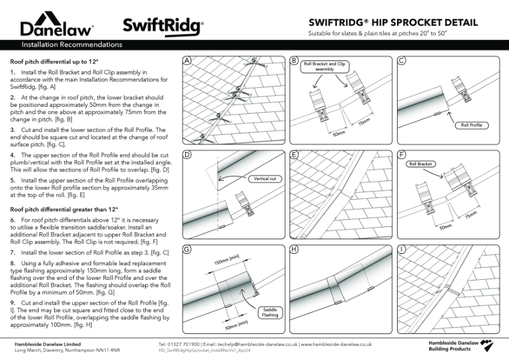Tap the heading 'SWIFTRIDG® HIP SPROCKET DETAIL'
point(392,22)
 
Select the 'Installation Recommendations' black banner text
point(72,45)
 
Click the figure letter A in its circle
point(187,61)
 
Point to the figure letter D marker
point(187,155)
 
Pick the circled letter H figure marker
point(294,249)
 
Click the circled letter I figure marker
point(401,249)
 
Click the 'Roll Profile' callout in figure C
point(470,125)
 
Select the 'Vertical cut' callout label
point(262,179)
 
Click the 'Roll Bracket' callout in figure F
point(420,163)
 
